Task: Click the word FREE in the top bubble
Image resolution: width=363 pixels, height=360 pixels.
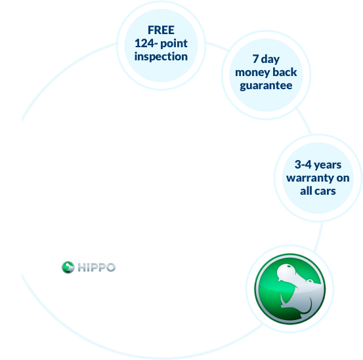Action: click(161, 30)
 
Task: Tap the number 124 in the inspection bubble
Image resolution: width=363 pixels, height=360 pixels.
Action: click(144, 43)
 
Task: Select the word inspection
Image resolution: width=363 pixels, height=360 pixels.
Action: click(161, 56)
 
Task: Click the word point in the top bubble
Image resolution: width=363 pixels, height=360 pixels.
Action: click(174, 44)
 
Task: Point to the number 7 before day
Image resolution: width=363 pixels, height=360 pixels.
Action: click(255, 59)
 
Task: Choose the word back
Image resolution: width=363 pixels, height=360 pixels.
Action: click(285, 72)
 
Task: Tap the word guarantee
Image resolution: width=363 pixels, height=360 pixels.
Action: click(266, 86)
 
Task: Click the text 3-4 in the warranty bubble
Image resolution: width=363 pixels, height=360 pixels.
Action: click(303, 165)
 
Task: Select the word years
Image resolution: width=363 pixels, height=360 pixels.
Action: click(328, 165)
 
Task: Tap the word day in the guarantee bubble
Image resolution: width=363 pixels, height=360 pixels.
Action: click(270, 60)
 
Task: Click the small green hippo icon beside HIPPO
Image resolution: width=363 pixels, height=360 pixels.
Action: click(68, 268)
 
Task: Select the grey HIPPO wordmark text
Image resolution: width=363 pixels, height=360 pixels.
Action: click(96, 268)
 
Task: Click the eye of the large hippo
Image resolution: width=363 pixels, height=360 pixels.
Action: click(289, 266)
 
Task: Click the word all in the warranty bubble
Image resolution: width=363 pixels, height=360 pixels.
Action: click(307, 191)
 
